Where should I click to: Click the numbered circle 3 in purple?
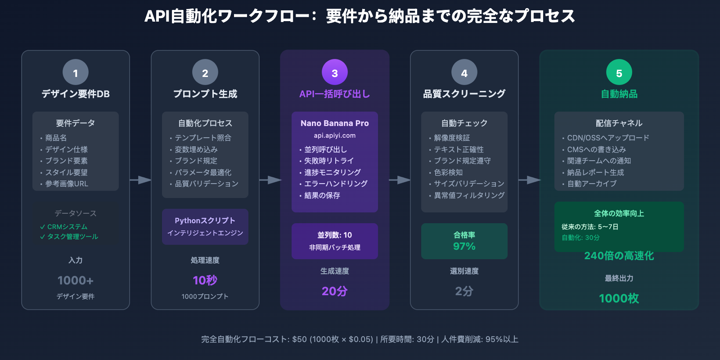pyautogui.click(x=335, y=72)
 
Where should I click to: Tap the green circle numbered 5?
pyautogui.click(x=619, y=72)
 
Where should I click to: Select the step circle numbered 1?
pyautogui.click(x=76, y=72)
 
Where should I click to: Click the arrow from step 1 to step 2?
pyautogui.click(x=140, y=180)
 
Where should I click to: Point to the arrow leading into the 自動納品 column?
pyautogui.click(x=529, y=180)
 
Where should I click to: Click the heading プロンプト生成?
pyautogui.click(x=205, y=94)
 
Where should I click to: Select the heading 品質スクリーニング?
pyautogui.click(x=464, y=94)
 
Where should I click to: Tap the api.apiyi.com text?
pyautogui.click(x=335, y=135)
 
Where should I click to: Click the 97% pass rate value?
pyautogui.click(x=464, y=246)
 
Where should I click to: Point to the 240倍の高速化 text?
pyautogui.click(x=619, y=256)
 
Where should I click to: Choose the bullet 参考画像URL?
pyautogui.click(x=67, y=184)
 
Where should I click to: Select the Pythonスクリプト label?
pyautogui.click(x=205, y=220)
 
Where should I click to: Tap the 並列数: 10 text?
pyautogui.click(x=335, y=235)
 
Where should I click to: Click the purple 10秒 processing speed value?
pyautogui.click(x=205, y=280)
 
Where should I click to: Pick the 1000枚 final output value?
pyautogui.click(x=619, y=298)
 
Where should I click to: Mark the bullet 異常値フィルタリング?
pyautogui.click(x=469, y=195)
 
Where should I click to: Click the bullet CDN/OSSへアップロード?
pyautogui.click(x=608, y=138)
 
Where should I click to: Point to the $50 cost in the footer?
pyautogui.click(x=299, y=339)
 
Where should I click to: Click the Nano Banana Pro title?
pyautogui.click(x=335, y=123)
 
